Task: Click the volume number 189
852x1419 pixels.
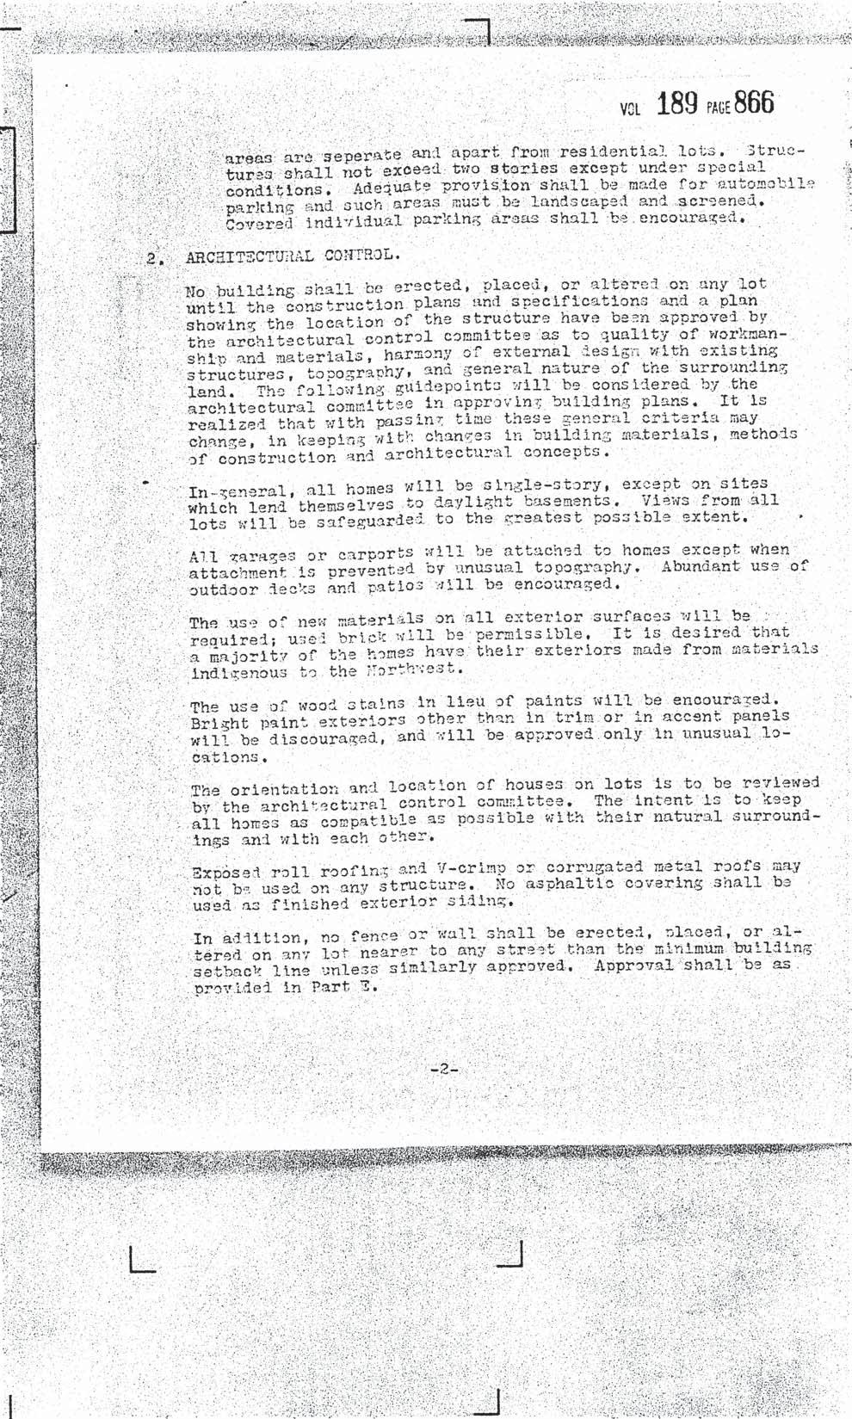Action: pyautogui.click(x=676, y=104)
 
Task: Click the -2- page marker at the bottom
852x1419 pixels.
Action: pyautogui.click(x=445, y=1070)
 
